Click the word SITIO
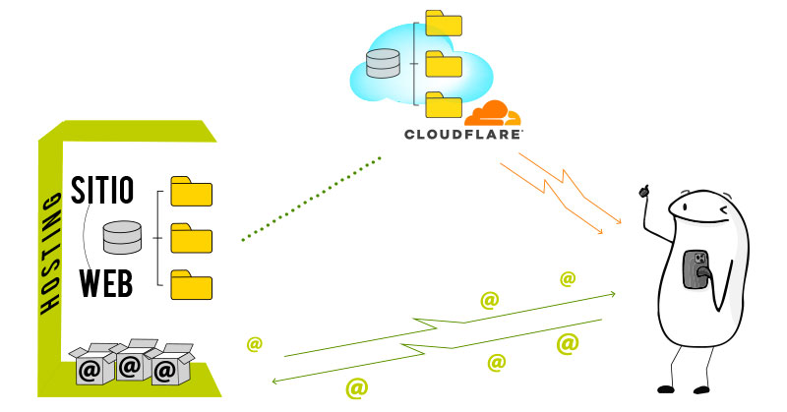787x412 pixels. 102,188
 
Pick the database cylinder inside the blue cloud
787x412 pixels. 384,66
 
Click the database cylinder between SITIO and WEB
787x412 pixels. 123,237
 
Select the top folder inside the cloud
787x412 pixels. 443,25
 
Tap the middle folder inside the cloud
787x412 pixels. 443,65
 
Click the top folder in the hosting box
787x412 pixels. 191,191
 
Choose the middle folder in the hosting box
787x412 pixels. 191,238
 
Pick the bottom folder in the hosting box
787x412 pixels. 191,284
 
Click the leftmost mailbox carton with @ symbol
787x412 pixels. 91,366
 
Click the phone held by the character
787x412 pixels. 696,268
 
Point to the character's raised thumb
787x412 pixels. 646,188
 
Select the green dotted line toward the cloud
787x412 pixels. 310,197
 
